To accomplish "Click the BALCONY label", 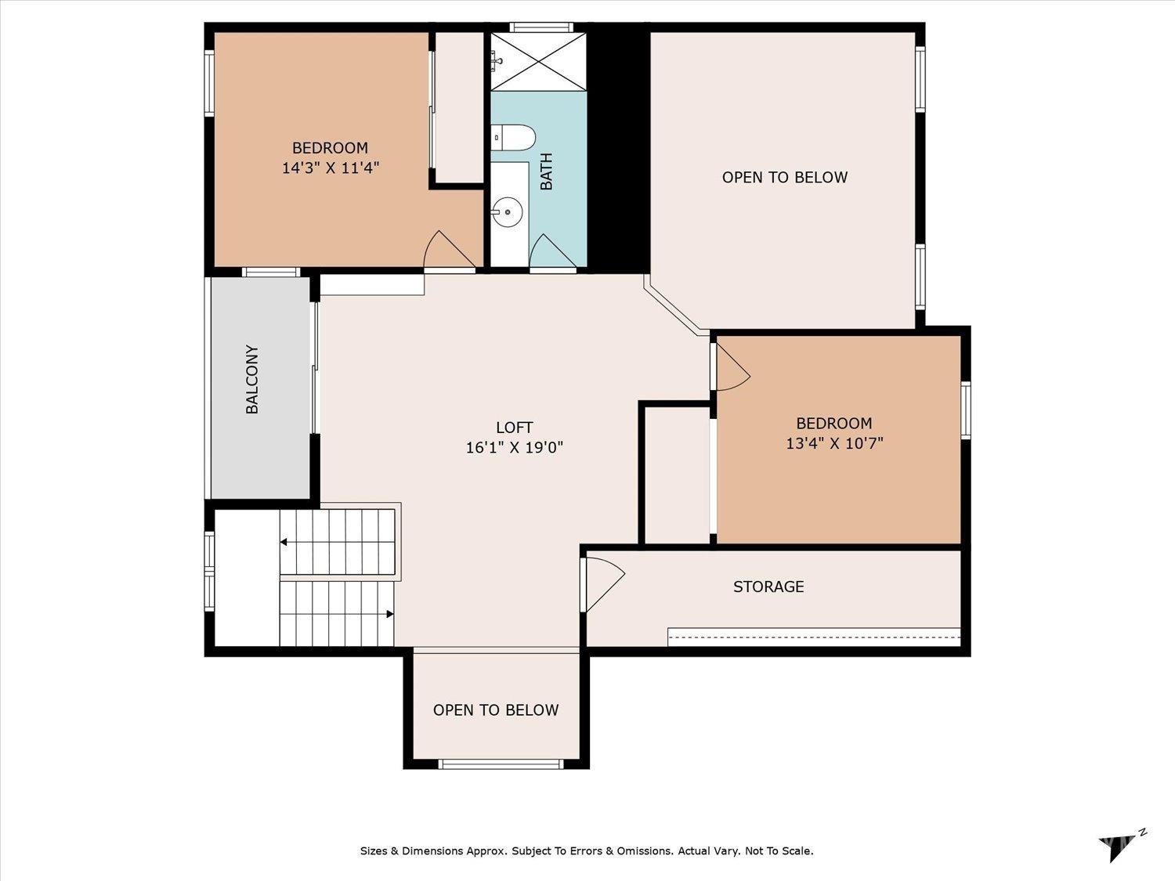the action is click(x=252, y=379).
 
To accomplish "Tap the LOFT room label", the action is click(x=514, y=428).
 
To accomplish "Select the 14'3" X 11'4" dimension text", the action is click(x=331, y=168).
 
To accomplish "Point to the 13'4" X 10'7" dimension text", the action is click(x=834, y=443).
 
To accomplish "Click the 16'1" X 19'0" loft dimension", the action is click(x=514, y=447).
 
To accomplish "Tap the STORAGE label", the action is click(x=768, y=587).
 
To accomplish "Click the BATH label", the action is click(x=546, y=172).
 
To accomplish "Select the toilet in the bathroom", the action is click(x=513, y=138).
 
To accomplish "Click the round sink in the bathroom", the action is click(x=506, y=211).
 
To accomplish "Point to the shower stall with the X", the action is click(x=538, y=62).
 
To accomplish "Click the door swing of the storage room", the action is click(x=606, y=585).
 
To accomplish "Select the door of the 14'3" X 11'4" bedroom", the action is click(x=450, y=249).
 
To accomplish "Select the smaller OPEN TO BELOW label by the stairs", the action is click(x=496, y=709).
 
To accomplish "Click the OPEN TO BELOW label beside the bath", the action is click(x=785, y=178).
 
